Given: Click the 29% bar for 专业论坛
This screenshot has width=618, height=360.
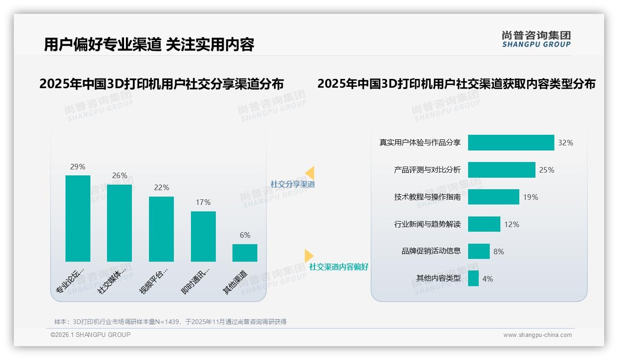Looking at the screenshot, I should click(x=78, y=218).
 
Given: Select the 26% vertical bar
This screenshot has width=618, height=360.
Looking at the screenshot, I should click(x=119, y=223).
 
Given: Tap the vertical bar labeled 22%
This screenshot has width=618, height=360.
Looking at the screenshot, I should click(x=161, y=229).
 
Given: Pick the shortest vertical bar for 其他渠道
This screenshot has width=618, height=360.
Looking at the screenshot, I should click(x=245, y=253).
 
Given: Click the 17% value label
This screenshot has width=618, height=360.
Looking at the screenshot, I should click(x=203, y=202).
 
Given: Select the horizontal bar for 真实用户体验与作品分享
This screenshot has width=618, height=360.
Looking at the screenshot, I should click(x=511, y=143).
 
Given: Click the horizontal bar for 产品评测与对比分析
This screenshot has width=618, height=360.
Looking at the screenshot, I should click(x=501, y=170).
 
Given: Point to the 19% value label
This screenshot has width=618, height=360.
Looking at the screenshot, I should click(x=530, y=197).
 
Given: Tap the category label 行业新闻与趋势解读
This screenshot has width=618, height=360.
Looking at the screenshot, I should click(x=427, y=224).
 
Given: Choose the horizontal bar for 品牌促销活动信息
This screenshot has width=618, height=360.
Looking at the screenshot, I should click(x=479, y=252).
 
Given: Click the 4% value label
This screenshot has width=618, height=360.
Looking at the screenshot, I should click(x=487, y=279).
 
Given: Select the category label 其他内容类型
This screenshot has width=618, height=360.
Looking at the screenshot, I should click(x=438, y=278).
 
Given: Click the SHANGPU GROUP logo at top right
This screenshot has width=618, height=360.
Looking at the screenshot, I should click(x=536, y=39).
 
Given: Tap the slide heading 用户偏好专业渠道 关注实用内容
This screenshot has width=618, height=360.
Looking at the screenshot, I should click(x=149, y=45).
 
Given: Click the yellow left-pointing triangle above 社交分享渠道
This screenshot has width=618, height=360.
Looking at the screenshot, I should click(x=310, y=173).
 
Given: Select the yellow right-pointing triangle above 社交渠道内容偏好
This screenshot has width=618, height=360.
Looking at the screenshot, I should click(x=309, y=255).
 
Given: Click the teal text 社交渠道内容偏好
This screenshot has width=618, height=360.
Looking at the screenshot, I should click(x=339, y=267).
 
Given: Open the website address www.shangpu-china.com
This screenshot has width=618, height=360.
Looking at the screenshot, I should click(x=537, y=335).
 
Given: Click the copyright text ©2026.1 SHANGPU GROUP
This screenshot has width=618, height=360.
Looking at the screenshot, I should click(x=90, y=335).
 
